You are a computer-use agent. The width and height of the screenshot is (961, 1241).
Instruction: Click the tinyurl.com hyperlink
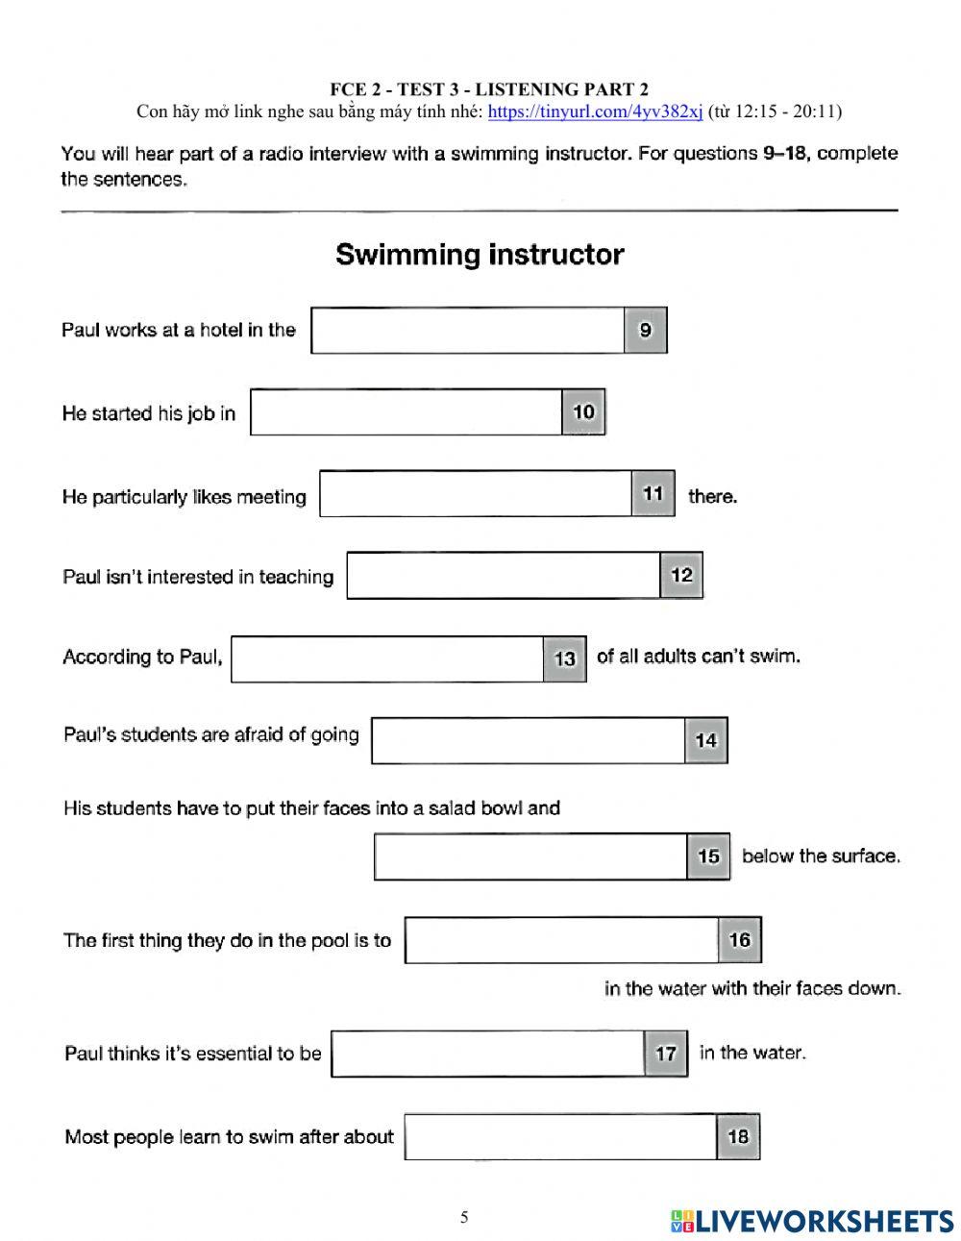pyautogui.click(x=595, y=112)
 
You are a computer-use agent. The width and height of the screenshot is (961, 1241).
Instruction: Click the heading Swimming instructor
pyautogui.click(x=480, y=255)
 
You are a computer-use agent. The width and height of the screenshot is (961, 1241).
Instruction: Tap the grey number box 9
pyautogui.click(x=645, y=331)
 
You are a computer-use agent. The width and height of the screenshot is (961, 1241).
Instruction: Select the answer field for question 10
pyautogui.click(x=406, y=412)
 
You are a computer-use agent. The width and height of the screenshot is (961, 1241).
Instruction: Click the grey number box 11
pyautogui.click(x=653, y=494)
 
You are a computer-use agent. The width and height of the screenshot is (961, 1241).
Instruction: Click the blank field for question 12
pyautogui.click(x=504, y=576)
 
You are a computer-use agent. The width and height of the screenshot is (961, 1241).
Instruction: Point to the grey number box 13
pyautogui.click(x=564, y=658)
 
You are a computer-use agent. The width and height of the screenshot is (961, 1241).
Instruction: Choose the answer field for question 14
pyautogui.click(x=529, y=740)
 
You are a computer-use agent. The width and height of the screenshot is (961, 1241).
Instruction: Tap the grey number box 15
pyautogui.click(x=708, y=856)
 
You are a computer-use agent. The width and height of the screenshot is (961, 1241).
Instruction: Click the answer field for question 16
pyautogui.click(x=561, y=940)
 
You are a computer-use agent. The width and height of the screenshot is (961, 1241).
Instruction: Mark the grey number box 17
pyautogui.click(x=665, y=1054)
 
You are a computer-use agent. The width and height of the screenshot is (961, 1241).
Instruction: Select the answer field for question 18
pyautogui.click(x=560, y=1137)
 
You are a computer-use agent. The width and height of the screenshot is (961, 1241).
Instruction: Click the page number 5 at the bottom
pyautogui.click(x=464, y=1218)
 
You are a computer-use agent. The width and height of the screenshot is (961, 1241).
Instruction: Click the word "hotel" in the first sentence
pyautogui.click(x=221, y=330)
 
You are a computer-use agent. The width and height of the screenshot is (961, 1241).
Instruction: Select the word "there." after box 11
pyautogui.click(x=712, y=497)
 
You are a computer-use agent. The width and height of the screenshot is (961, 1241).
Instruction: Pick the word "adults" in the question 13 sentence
pyautogui.click(x=670, y=657)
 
